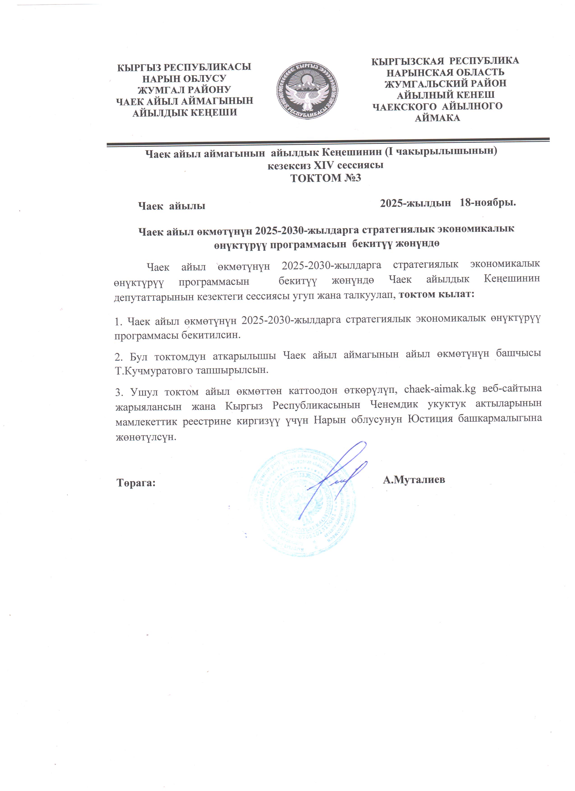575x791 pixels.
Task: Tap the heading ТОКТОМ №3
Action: (x=326, y=178)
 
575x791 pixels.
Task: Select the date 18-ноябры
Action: (x=488, y=203)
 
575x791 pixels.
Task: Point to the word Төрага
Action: (x=136, y=483)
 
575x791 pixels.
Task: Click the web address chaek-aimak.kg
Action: (x=440, y=389)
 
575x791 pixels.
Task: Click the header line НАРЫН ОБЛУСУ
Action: (x=184, y=78)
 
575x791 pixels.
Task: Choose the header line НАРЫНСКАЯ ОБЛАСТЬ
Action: (x=445, y=72)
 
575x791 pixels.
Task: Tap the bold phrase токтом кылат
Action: (x=437, y=294)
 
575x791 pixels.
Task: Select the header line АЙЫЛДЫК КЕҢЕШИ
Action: (x=184, y=113)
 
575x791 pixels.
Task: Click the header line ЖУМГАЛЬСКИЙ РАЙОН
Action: (x=445, y=84)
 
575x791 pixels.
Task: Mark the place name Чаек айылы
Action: (x=172, y=206)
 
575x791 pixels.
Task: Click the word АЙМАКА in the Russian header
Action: (x=437, y=118)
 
